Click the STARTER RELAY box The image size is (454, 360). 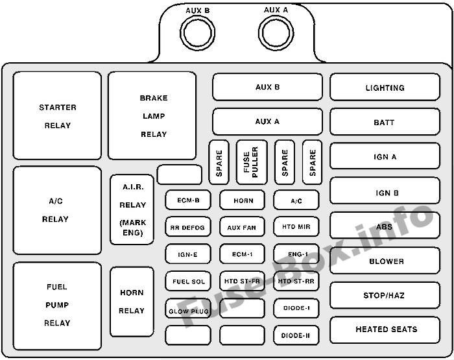(57, 116)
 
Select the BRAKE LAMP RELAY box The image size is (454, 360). (152, 116)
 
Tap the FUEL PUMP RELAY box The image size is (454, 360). (57, 305)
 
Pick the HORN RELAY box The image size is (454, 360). (132, 302)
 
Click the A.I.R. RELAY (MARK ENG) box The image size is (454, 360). (132, 210)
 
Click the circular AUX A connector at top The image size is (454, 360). (276, 30)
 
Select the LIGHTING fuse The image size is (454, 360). (385, 88)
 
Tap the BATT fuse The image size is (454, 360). (385, 122)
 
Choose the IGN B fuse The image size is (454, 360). (385, 192)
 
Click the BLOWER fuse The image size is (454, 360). (385, 261)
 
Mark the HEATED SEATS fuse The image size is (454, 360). (385, 330)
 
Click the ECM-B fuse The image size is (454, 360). (188, 200)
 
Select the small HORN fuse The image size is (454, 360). (243, 200)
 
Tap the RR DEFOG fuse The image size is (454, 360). (188, 227)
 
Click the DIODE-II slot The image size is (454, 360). (296, 335)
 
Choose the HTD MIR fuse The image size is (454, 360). (296, 227)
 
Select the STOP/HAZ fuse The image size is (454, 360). (385, 295)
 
